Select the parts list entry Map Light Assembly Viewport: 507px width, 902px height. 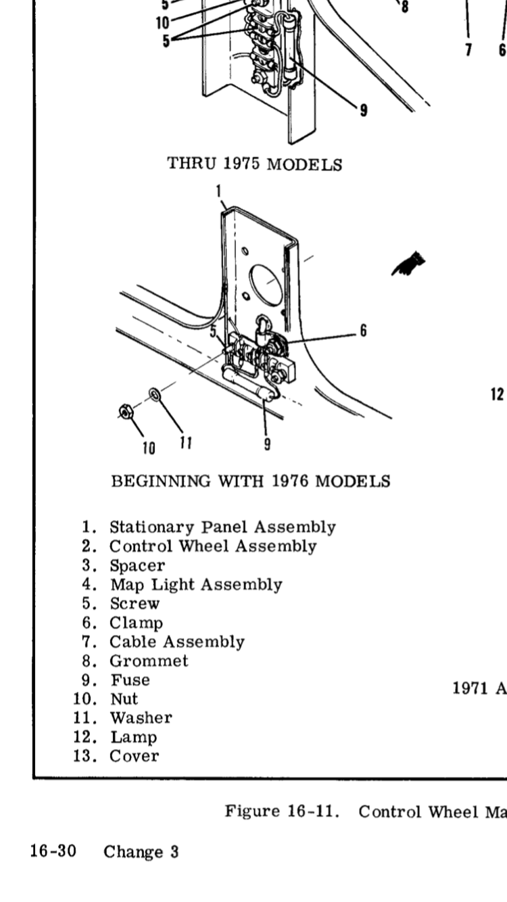pyautogui.click(x=196, y=584)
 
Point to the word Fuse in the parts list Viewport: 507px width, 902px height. pyautogui.click(x=130, y=680)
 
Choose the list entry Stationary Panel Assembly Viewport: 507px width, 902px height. pyautogui.click(x=222, y=527)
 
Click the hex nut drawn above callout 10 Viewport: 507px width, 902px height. pyautogui.click(x=125, y=410)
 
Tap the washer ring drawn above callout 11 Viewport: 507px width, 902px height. pyautogui.click(x=154, y=393)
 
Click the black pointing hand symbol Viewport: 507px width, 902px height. pyautogui.click(x=410, y=264)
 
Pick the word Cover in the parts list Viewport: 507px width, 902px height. pyautogui.click(x=134, y=756)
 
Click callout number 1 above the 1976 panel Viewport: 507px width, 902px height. pyautogui.click(x=219, y=191)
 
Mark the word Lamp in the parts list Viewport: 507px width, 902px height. pyautogui.click(x=132, y=737)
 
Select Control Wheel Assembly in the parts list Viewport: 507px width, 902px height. pyautogui.click(x=213, y=546)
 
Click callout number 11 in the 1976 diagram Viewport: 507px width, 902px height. pyautogui.click(x=186, y=443)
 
